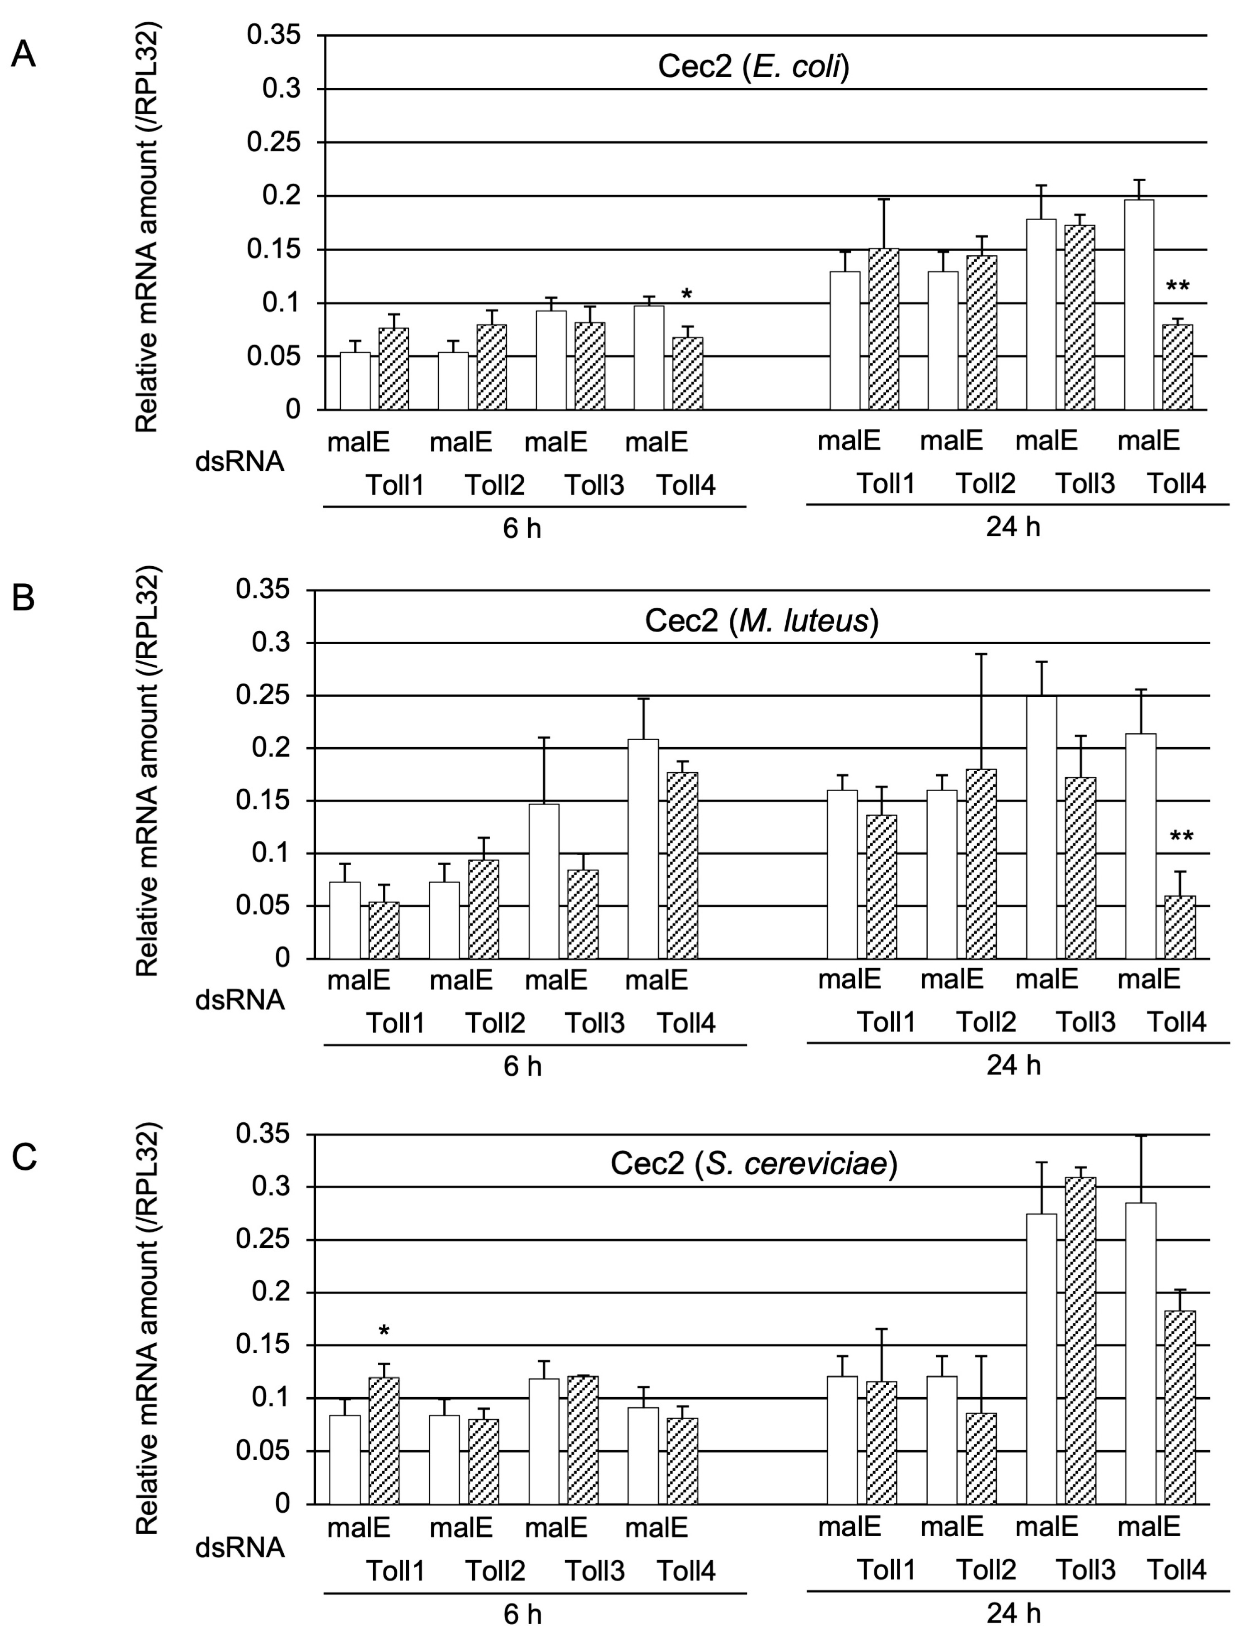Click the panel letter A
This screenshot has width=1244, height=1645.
pyautogui.click(x=24, y=55)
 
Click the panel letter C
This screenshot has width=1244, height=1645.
pyautogui.click(x=24, y=1157)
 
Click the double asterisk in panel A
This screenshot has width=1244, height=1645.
pyautogui.click(x=1177, y=287)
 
